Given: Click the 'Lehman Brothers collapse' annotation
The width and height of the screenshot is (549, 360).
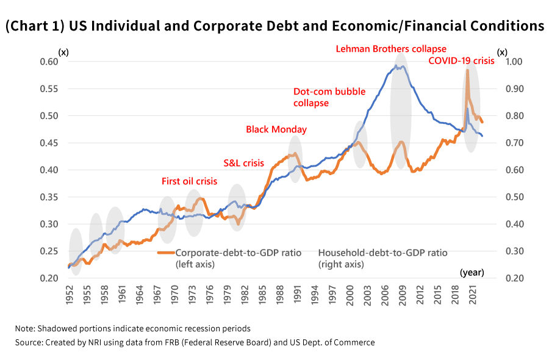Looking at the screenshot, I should point(391,49).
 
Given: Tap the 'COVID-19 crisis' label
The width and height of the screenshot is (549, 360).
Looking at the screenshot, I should point(461,61).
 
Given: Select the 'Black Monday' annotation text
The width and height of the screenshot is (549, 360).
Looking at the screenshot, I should point(276,129).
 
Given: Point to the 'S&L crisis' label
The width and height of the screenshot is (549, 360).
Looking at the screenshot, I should point(243,163).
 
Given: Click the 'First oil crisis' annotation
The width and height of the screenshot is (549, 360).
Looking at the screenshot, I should point(189,181).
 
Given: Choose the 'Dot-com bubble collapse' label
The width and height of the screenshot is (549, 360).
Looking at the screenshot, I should point(329,98).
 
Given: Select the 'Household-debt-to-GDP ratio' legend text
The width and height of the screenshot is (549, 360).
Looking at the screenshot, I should point(382,253).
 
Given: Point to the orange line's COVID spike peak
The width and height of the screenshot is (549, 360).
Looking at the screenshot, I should point(467,70).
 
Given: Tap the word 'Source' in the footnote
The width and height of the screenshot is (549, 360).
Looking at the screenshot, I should point(29,343).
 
